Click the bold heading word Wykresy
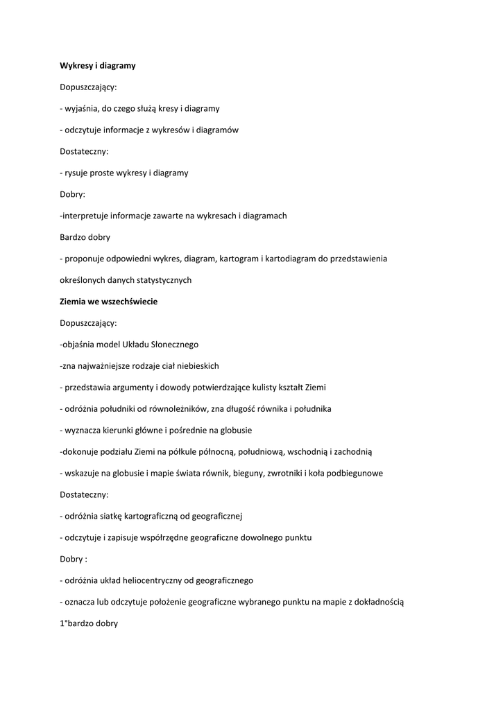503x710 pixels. coord(75,66)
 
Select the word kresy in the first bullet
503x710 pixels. coord(168,109)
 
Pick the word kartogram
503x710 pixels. coord(242,259)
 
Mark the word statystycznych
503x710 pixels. coord(162,280)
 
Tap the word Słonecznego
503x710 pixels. coord(173,345)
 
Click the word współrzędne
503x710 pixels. coord(163,538)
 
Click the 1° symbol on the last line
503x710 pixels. coord(64,624)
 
